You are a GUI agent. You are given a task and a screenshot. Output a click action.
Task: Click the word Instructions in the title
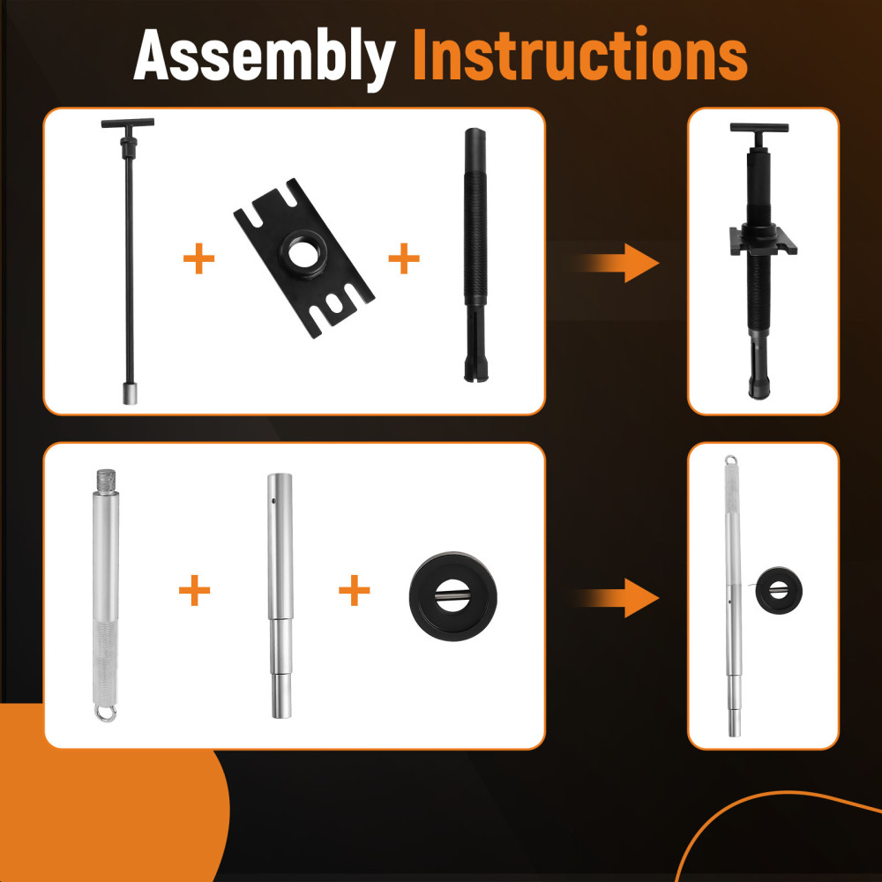(579, 56)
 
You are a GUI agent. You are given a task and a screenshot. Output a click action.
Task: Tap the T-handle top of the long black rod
(127, 125)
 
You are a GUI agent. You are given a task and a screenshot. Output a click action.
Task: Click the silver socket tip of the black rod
(130, 394)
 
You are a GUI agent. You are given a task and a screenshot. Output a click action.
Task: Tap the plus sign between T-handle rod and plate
(198, 260)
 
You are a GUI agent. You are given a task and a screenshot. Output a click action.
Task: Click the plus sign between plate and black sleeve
(404, 259)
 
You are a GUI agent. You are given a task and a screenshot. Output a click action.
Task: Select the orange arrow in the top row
(617, 262)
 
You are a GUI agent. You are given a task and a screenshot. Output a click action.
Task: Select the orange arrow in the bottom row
(617, 597)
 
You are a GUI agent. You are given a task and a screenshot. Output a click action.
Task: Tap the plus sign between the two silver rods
(195, 591)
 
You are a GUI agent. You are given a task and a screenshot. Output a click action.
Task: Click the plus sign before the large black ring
(354, 591)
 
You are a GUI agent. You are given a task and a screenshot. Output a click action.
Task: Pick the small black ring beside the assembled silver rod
(780, 586)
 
